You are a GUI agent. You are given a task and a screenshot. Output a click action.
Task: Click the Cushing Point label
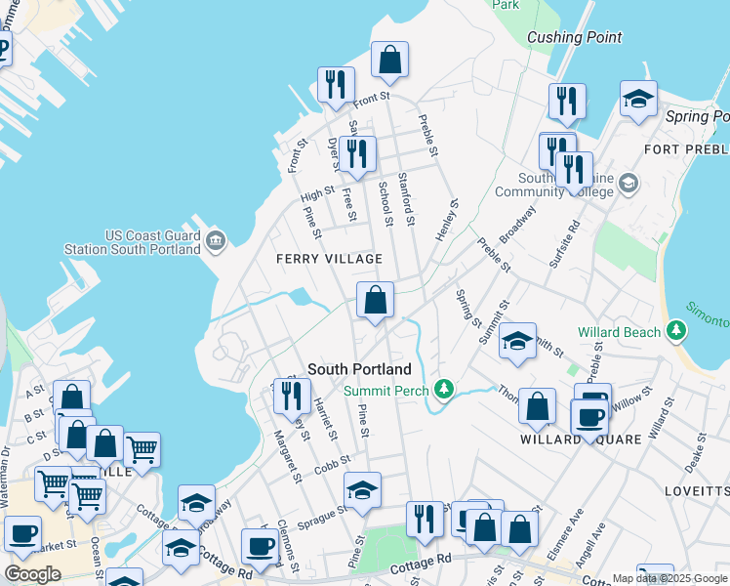point(574,38)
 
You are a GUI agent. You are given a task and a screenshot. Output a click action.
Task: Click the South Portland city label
point(359,369)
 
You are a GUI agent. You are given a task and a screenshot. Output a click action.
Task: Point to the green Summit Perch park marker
point(444,390)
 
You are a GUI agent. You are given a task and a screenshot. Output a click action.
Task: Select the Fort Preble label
point(686,148)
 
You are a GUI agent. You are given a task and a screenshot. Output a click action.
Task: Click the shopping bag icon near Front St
point(389,61)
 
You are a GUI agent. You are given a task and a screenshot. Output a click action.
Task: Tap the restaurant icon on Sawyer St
point(358,154)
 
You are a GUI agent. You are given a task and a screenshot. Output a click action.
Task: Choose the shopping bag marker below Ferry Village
point(375,301)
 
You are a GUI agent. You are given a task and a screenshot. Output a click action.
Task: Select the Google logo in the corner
point(32,574)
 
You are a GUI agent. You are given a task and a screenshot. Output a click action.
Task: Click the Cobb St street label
point(333,464)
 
